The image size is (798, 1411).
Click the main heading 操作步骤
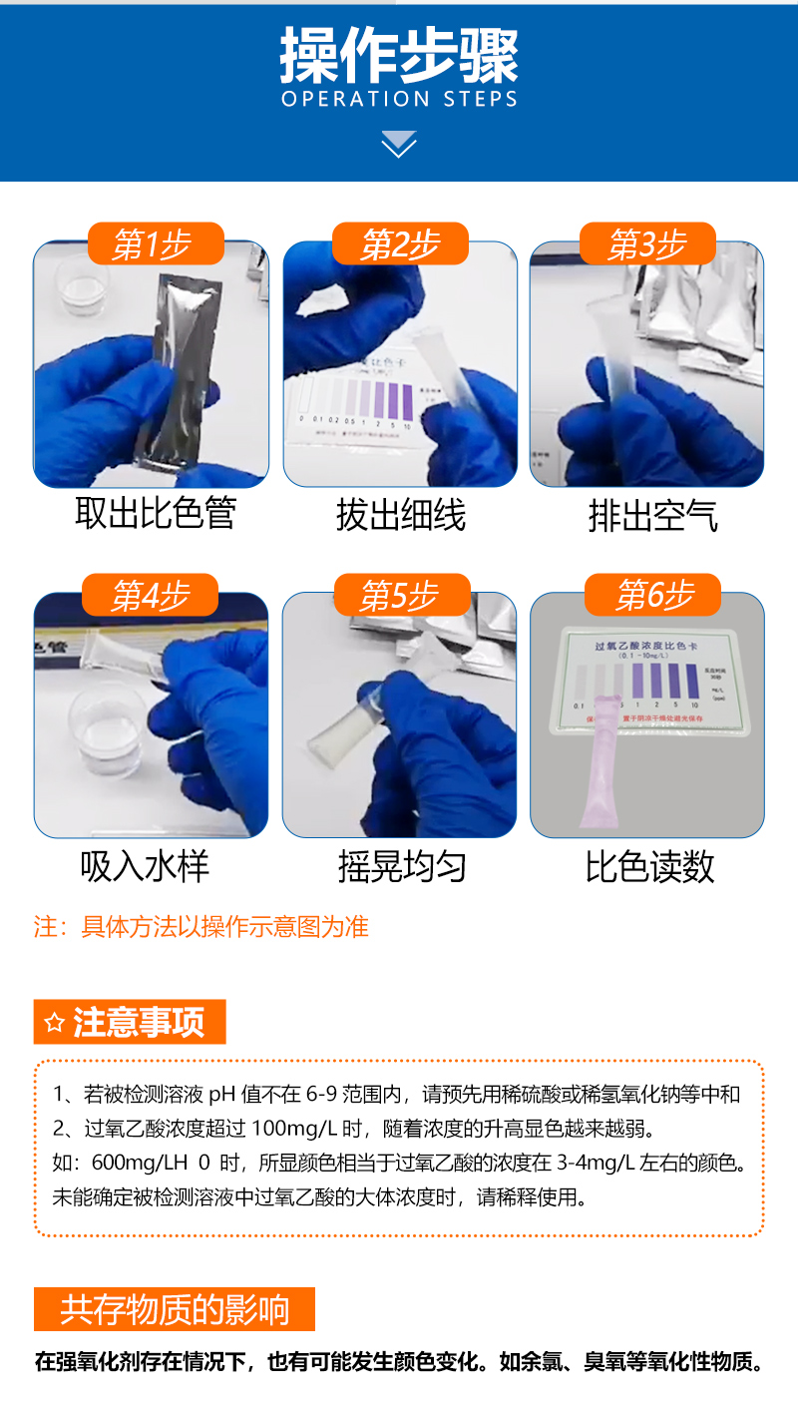pos(399,56)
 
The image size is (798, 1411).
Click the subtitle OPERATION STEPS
pos(399,100)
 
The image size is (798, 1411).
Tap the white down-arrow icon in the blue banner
pos(399,144)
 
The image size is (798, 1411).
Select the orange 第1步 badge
pos(155,243)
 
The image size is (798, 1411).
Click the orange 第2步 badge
pos(400,243)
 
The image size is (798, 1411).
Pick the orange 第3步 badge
pos(647,243)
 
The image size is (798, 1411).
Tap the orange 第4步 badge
pos(150,596)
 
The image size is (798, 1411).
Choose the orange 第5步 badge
pos(400,596)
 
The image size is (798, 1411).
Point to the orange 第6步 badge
pos(653,596)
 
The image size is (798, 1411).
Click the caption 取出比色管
pos(155,515)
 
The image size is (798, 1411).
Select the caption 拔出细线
pos(400,516)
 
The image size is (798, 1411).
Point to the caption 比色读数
pos(649,866)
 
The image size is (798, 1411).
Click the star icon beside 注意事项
pos(54,1023)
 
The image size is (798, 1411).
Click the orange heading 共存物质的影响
pos(175,1309)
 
